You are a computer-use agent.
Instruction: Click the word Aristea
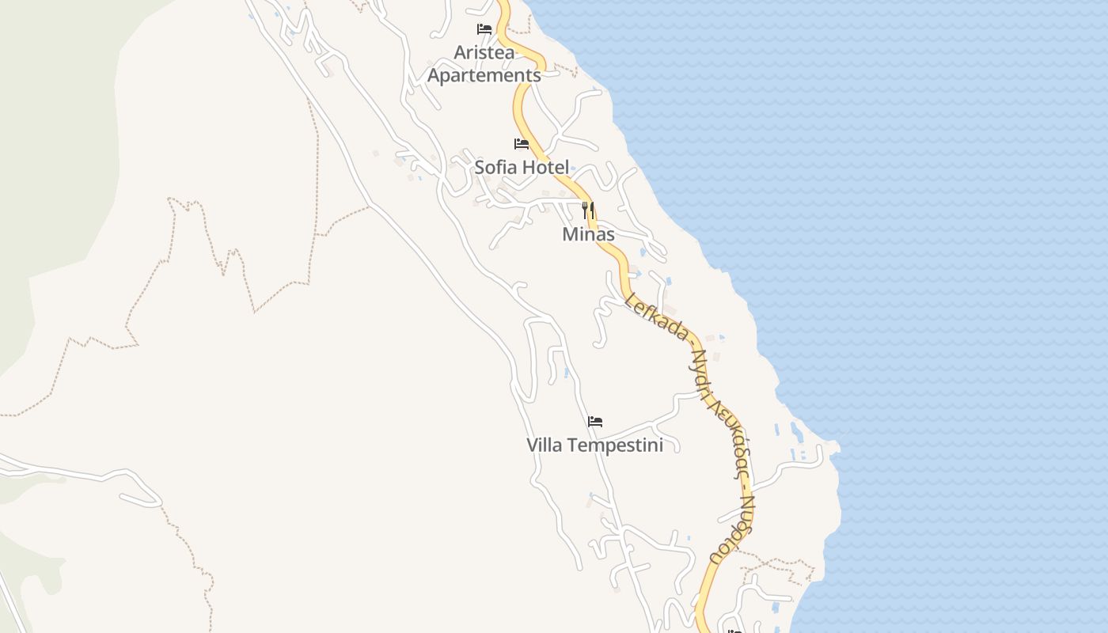(x=484, y=52)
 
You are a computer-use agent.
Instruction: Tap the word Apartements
(x=484, y=75)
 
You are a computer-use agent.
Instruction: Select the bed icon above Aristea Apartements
(x=484, y=30)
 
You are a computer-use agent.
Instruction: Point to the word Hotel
(x=545, y=167)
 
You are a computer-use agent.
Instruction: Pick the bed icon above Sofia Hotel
(x=522, y=144)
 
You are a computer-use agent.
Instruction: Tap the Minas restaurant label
(x=588, y=234)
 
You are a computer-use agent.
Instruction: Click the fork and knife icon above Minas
(x=588, y=210)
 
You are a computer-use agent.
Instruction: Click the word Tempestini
(x=615, y=445)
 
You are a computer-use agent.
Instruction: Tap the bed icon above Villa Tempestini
(x=595, y=422)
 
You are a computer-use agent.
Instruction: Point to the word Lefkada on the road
(x=656, y=316)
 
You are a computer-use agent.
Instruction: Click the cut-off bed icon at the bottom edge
(x=734, y=630)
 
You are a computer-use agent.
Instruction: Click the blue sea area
(x=950, y=237)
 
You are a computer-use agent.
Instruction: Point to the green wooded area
(x=47, y=119)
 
